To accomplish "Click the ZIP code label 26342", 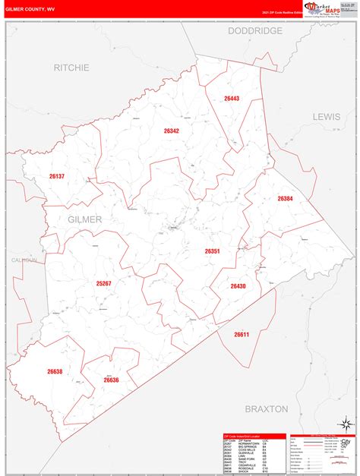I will (171, 131).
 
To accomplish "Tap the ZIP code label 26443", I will (232, 99).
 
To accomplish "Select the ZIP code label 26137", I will (57, 176).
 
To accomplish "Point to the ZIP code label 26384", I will (285, 199).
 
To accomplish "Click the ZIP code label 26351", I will (212, 251).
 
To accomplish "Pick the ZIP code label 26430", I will (238, 285).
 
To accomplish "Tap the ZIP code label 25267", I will (104, 283).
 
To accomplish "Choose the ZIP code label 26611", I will (242, 334).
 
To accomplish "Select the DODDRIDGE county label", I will (254, 31).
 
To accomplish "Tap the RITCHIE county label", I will (71, 68).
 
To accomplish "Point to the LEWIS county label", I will (327, 116).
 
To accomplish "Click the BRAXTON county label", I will (267, 408).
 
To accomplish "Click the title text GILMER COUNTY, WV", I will (30, 9).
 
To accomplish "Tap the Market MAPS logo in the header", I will (323, 9).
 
